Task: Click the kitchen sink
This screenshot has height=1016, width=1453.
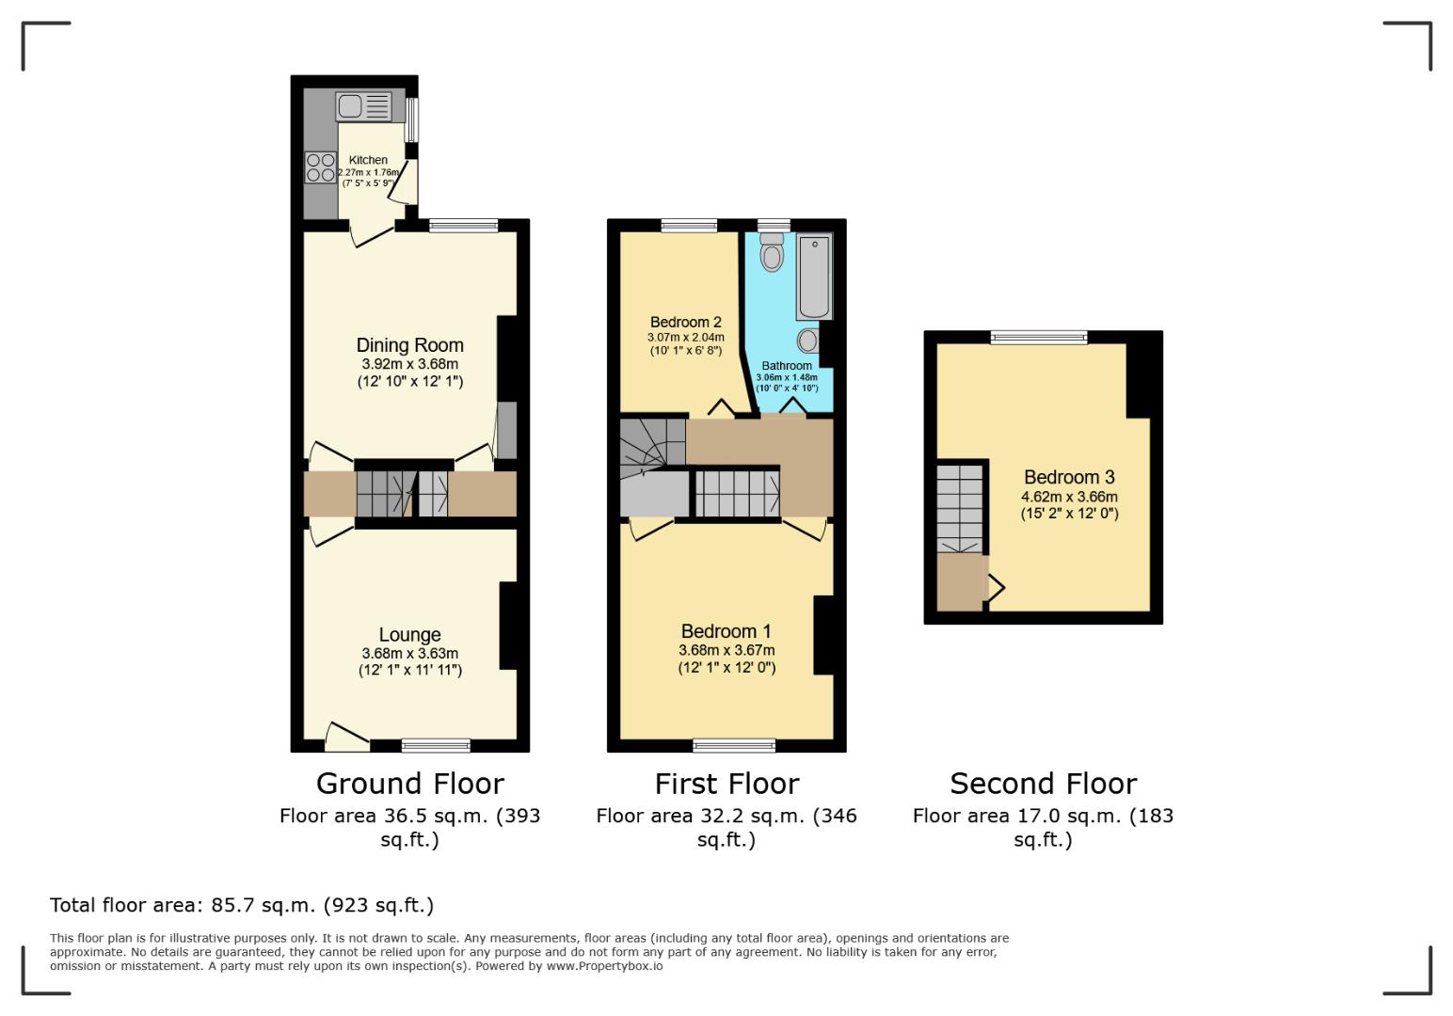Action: point(363,106)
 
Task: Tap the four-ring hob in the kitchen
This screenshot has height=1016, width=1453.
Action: point(321,167)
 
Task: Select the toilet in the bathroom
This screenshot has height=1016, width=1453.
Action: point(772,252)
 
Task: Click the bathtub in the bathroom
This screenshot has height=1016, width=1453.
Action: point(815,278)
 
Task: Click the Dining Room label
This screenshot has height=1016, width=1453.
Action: point(409,345)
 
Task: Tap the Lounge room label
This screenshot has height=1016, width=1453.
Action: point(409,635)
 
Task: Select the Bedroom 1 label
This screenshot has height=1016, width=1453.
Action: point(726,631)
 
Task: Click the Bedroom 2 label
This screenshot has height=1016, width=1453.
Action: point(685,322)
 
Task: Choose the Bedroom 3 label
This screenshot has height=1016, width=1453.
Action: point(1069,477)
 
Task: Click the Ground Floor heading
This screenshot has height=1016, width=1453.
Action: point(409,784)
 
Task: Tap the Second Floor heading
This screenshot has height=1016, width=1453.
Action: point(1043,784)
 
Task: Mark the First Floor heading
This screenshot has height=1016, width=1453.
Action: point(726,784)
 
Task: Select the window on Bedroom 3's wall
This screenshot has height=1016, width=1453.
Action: point(1039,337)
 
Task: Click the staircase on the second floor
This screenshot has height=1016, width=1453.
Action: point(959,509)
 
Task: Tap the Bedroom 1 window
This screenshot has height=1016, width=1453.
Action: point(734,746)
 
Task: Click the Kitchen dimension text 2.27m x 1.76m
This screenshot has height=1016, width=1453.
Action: point(369,172)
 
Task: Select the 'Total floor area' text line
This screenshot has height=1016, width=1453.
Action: point(242,905)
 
